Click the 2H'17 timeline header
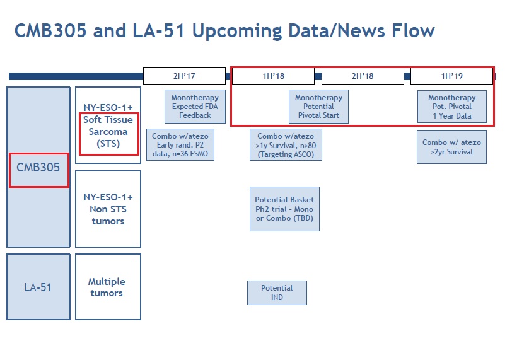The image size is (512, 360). tap(184, 76)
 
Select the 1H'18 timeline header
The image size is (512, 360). tap(273, 76)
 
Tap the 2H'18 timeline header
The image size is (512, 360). tap(363, 76)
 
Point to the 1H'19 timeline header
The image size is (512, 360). tap(451, 76)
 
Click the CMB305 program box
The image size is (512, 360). tap(38, 168)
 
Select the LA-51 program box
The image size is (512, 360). tap(38, 287)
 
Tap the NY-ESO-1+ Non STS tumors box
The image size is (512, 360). tap(108, 209)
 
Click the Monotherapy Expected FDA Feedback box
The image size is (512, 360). tap(195, 107)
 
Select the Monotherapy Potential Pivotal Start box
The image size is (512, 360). tap(318, 107)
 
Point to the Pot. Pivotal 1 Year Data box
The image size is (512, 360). tap(451, 107)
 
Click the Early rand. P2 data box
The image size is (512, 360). tap(180, 145)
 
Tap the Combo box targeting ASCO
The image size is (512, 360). tap(286, 145)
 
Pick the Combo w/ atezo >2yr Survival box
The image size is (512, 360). tap(451, 147)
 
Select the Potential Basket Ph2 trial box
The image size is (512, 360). tap(284, 209)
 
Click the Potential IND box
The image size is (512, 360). tap(277, 292)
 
